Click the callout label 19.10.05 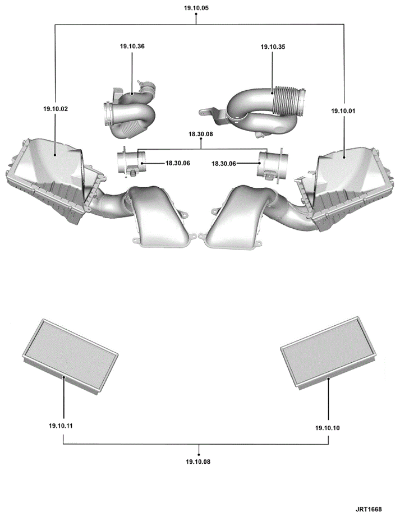tap(196, 8)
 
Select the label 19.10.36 tap(132, 46)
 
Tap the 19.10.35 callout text tap(273, 47)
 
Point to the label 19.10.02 tap(56, 109)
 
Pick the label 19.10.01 tap(343, 111)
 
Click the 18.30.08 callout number tap(201, 134)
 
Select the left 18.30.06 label tap(178, 163)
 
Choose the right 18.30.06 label tap(224, 164)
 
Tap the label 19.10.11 tap(61, 426)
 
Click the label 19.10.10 tap(328, 428)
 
